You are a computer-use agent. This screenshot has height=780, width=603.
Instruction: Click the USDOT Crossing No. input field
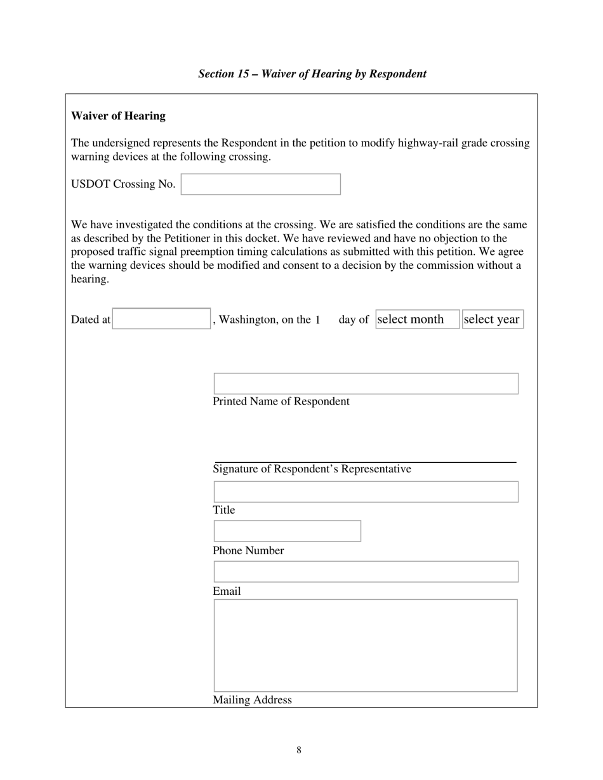coord(261,184)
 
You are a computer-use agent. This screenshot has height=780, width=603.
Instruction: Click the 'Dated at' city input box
coord(161,319)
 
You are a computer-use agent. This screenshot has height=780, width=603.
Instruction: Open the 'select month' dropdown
coord(416,320)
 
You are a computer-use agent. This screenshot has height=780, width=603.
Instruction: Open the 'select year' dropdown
coord(492,320)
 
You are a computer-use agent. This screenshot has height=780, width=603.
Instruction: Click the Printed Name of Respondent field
coord(366,384)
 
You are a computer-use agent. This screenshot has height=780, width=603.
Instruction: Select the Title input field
coord(366,492)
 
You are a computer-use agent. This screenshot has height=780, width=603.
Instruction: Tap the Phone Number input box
coord(287,531)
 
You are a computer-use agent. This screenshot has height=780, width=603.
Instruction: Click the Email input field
coord(366,572)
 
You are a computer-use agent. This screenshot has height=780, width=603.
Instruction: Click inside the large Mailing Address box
coord(366,645)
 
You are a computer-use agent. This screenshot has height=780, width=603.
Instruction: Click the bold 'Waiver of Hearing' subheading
coord(118,116)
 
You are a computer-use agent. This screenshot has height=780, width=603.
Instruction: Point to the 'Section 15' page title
coord(312,74)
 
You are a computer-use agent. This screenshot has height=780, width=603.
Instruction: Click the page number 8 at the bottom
coord(299,751)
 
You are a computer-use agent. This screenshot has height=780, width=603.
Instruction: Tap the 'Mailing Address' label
coord(252,700)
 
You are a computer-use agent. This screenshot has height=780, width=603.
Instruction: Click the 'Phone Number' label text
coord(248,551)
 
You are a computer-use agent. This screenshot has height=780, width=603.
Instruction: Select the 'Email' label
coord(227,592)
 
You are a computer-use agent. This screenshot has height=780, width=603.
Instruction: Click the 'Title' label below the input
coord(223,510)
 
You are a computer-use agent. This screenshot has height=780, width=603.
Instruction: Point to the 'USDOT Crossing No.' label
coord(123,185)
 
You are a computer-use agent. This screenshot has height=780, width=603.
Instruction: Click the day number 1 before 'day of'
coord(317,320)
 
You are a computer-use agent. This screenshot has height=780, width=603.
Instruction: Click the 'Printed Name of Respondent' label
coord(281,402)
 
